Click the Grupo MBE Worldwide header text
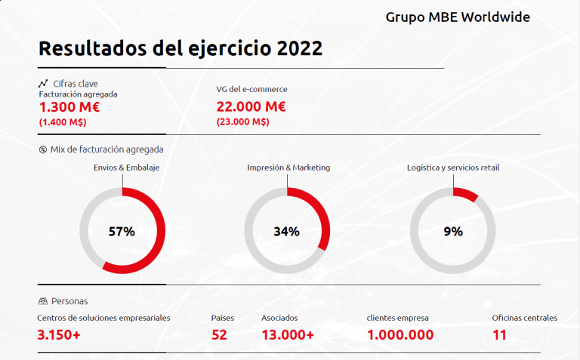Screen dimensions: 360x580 458,17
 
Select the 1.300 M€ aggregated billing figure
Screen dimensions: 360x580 69,107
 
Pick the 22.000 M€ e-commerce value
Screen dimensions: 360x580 251,107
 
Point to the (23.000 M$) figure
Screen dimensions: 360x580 242,122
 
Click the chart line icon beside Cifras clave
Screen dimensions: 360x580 43,83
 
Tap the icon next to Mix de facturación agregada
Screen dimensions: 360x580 42,149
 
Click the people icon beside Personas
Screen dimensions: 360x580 43,300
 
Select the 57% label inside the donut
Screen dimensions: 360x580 122,232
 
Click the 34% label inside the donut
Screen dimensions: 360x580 287,232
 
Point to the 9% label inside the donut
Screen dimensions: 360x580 453,232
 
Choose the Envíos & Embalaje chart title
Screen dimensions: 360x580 126,168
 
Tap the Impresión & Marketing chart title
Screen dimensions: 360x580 288,168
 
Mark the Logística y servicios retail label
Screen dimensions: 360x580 452,168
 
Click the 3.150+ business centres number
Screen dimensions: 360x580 59,334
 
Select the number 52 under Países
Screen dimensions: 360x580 220,334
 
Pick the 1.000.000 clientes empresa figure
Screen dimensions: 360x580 400,334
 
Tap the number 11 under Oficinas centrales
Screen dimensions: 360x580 500,334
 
